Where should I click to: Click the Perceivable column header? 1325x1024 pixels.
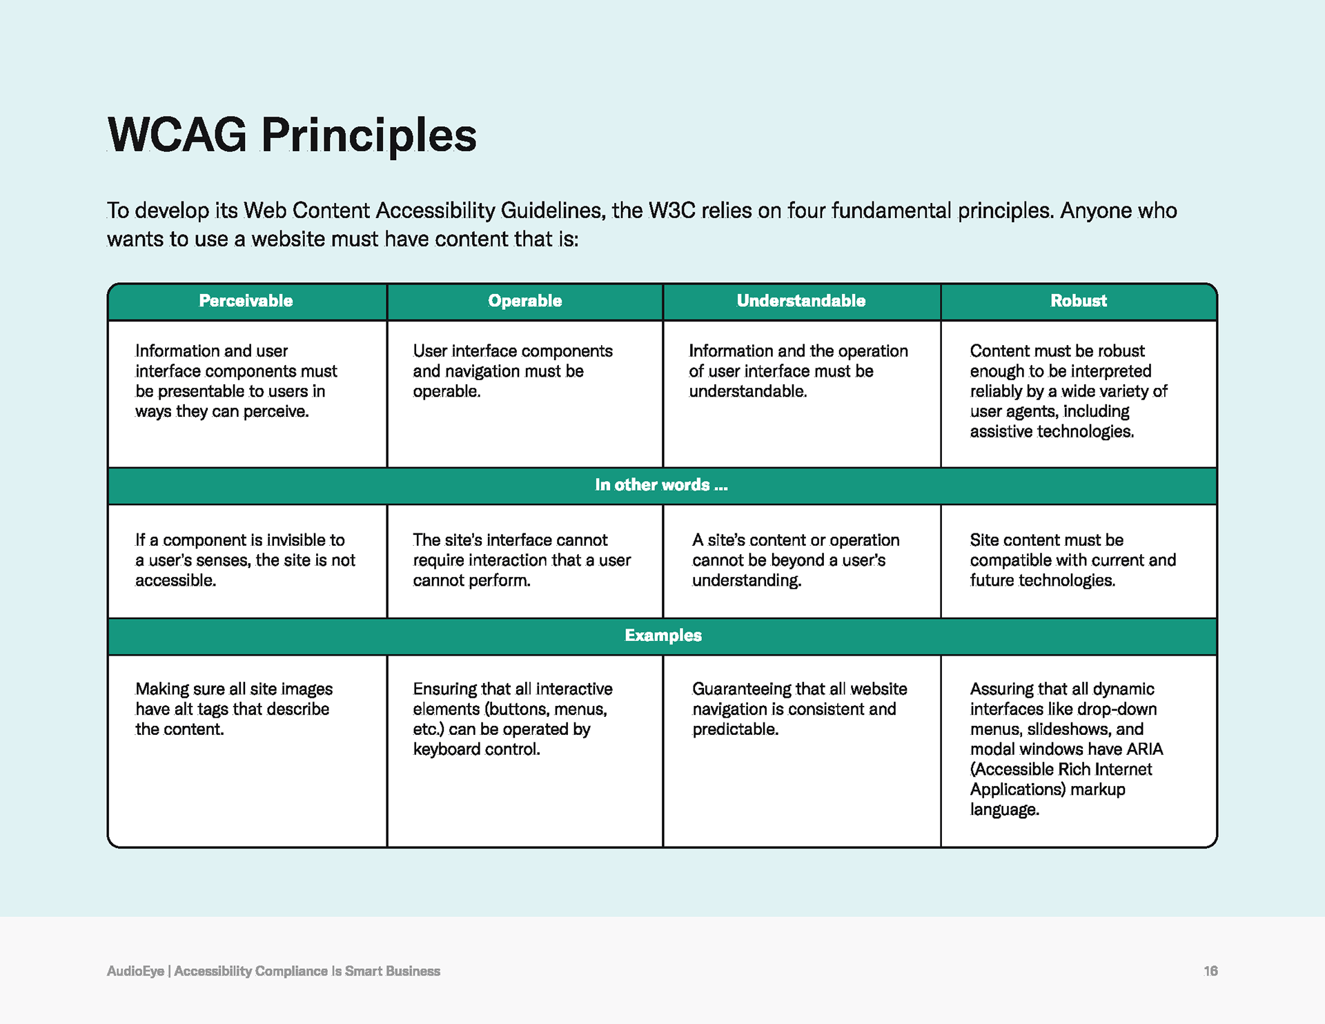click(x=246, y=301)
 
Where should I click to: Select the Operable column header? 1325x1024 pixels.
click(x=524, y=301)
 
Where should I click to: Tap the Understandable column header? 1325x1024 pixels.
click(x=801, y=301)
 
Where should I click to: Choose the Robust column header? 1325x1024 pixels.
click(x=1078, y=301)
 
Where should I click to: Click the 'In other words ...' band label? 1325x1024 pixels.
click(x=661, y=485)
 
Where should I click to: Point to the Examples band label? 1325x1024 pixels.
click(x=663, y=636)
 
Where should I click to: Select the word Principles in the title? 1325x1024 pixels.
click(x=369, y=136)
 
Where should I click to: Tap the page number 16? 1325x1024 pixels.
click(x=1210, y=971)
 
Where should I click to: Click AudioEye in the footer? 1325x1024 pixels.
click(x=135, y=971)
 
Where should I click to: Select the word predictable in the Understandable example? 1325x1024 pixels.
click(x=735, y=729)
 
